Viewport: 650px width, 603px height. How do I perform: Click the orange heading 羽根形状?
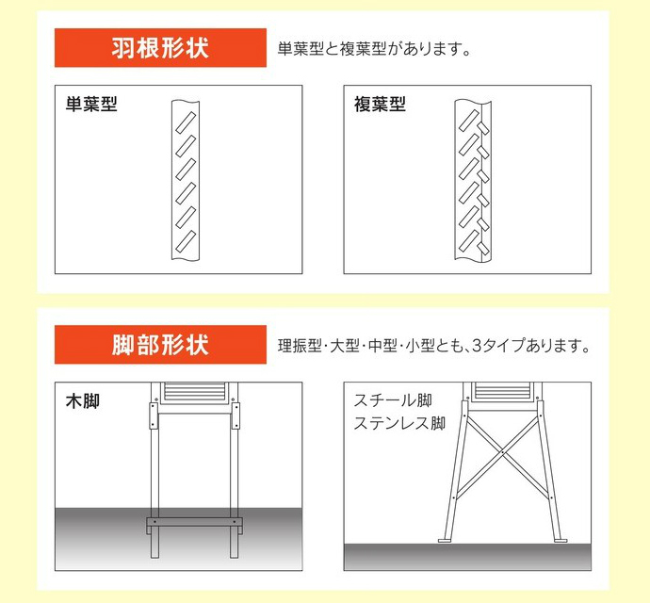(160, 48)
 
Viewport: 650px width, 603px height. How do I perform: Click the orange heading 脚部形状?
(160, 345)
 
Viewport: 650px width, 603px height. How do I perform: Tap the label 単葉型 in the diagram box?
(91, 104)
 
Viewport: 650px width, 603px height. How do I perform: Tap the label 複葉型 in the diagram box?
(380, 104)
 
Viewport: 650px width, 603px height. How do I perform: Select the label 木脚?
(83, 401)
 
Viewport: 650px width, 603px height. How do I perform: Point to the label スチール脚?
(393, 400)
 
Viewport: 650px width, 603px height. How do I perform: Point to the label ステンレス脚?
(399, 423)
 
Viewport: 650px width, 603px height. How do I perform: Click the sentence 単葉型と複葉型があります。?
(374, 49)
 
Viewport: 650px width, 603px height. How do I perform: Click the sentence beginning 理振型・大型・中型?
(433, 346)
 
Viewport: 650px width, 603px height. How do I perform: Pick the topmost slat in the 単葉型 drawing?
(186, 122)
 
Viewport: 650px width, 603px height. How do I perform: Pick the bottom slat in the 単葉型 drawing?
(186, 242)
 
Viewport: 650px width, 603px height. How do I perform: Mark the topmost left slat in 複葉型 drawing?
(469, 121)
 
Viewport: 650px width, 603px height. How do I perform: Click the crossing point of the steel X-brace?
(502, 451)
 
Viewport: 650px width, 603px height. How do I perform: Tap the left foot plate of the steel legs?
(446, 541)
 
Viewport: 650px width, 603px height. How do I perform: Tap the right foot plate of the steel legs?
(561, 541)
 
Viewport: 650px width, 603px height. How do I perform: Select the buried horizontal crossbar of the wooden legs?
(194, 522)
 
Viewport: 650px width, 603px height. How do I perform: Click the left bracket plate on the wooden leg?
(154, 416)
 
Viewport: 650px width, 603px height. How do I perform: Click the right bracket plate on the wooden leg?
(236, 416)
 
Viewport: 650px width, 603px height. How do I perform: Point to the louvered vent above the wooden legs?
(194, 392)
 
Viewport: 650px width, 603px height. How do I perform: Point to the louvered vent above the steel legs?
(502, 391)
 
